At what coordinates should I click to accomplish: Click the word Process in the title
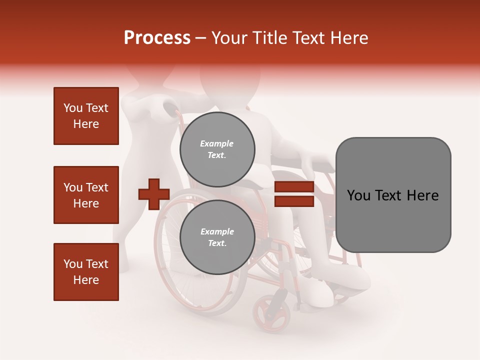click(157, 38)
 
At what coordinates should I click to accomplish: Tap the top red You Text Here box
click(86, 116)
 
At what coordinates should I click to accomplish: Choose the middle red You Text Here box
click(86, 195)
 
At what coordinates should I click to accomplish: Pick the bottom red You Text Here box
click(86, 272)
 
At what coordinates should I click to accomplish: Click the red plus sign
click(154, 194)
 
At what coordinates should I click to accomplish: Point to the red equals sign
click(294, 194)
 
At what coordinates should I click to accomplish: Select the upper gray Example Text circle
click(217, 149)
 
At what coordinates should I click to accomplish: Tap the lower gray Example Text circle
click(217, 237)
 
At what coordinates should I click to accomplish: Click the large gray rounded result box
click(393, 195)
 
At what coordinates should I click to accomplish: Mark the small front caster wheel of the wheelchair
click(271, 312)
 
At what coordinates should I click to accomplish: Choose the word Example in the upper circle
click(217, 143)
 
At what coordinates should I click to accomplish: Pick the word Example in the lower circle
click(217, 231)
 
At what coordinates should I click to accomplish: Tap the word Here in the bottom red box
click(86, 280)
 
